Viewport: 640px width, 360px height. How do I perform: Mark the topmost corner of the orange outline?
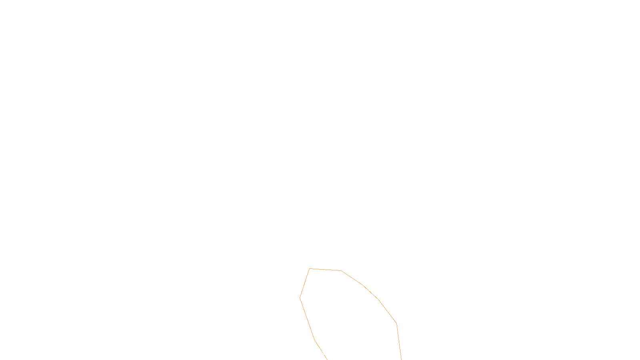pyautogui.click(x=310, y=269)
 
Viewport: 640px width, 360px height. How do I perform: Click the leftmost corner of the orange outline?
pyautogui.click(x=300, y=298)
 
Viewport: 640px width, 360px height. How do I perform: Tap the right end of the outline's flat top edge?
pyautogui.click(x=341, y=270)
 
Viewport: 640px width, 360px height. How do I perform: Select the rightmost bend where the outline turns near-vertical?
pyautogui.click(x=396, y=323)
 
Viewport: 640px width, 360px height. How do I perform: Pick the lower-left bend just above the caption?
pyautogui.click(x=315, y=340)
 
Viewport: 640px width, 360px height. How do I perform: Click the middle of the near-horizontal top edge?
pyautogui.click(x=325, y=270)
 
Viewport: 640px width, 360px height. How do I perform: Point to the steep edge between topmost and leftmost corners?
pyautogui.click(x=305, y=283)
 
